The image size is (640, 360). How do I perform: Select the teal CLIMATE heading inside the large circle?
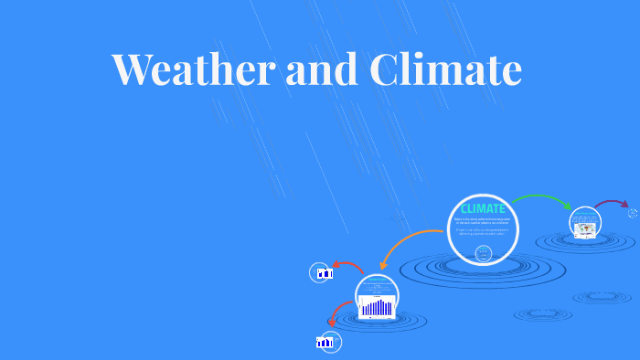[x=483, y=209]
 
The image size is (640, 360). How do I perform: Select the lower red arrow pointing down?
[x=339, y=314]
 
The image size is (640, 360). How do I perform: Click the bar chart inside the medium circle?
[x=377, y=307]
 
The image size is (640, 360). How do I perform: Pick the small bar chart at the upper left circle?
[x=323, y=273]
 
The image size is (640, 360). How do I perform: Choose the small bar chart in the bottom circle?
[x=325, y=343]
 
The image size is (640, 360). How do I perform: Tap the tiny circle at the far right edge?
[x=633, y=214]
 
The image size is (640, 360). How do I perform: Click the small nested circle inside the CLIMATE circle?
[x=484, y=252]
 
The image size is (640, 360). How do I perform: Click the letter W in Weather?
[x=133, y=69]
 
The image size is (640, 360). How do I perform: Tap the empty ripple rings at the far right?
[x=602, y=298]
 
